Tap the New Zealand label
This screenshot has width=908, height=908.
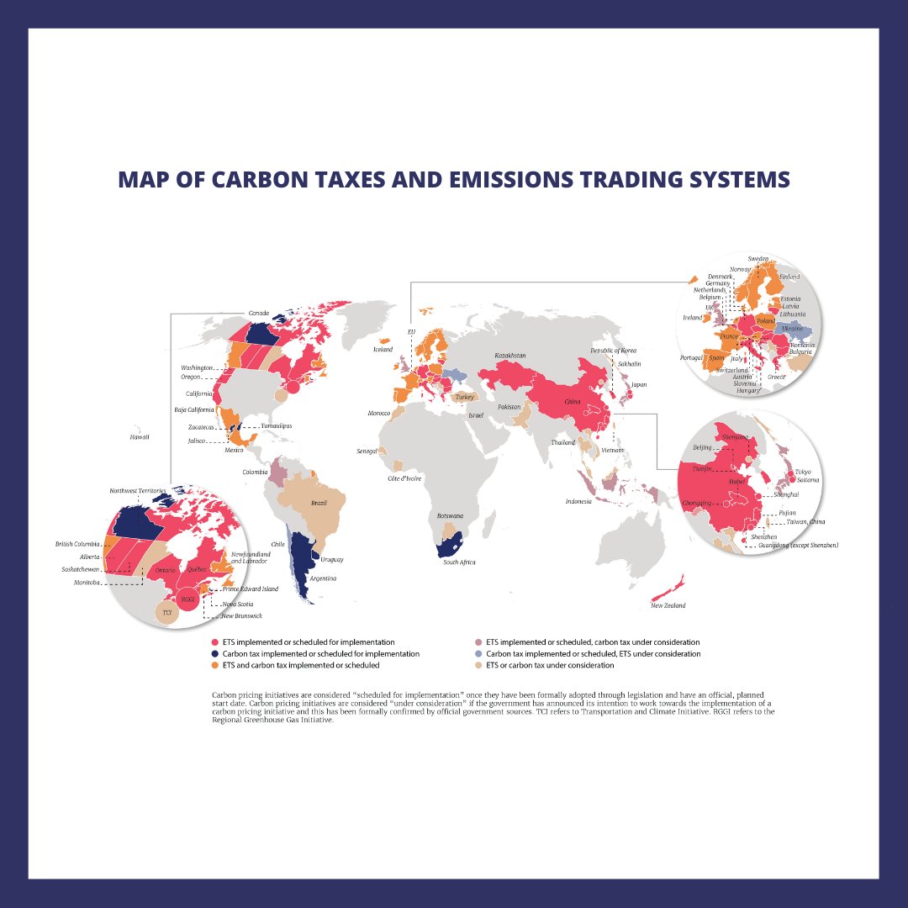tap(668, 605)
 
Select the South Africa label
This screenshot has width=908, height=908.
tap(459, 562)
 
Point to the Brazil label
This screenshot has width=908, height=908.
tap(319, 503)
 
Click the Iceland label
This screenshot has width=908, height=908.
tap(383, 349)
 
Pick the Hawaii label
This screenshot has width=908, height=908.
tap(139, 437)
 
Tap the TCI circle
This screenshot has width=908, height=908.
tap(167, 614)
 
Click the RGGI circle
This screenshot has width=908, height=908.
tap(188, 599)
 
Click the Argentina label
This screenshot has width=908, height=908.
tap(324, 578)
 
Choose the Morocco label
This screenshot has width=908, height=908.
tap(379, 413)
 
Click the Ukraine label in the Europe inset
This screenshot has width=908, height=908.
tap(793, 328)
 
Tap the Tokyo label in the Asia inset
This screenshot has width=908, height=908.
tap(803, 472)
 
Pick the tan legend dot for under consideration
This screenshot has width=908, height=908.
tap(479, 665)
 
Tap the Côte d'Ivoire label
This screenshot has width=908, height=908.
tap(404, 478)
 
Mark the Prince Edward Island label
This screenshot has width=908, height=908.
tap(251, 589)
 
